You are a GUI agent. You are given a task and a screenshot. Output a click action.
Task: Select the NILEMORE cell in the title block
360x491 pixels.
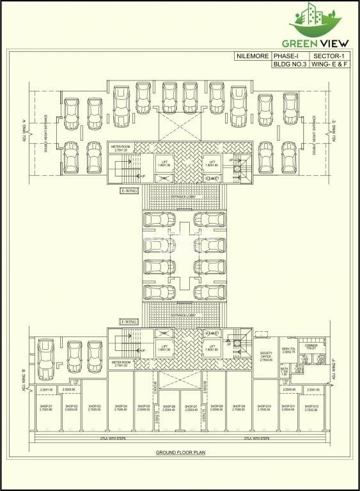[251, 57]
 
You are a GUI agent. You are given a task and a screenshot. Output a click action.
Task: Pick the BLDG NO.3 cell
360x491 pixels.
[290, 65]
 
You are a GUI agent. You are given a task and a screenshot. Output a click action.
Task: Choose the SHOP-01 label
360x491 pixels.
[46, 407]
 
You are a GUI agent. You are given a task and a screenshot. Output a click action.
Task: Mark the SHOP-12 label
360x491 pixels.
[312, 407]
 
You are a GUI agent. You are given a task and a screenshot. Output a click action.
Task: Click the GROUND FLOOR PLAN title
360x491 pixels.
[178, 452]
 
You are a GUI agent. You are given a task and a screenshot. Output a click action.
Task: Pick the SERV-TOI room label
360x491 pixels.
[288, 350]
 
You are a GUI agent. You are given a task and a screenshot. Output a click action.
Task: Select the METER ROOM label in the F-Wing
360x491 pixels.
[121, 362]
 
